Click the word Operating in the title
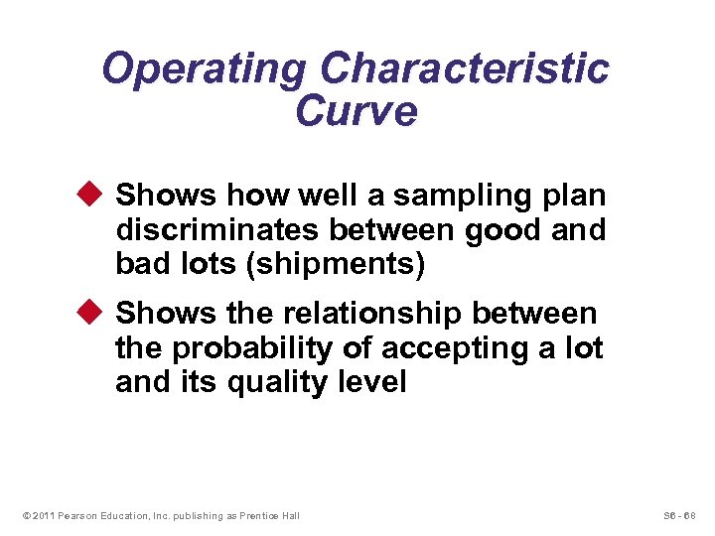(204, 69)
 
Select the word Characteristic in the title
(465, 69)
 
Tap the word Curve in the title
(357, 111)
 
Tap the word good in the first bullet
(504, 230)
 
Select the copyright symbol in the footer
(24, 515)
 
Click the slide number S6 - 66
(678, 515)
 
